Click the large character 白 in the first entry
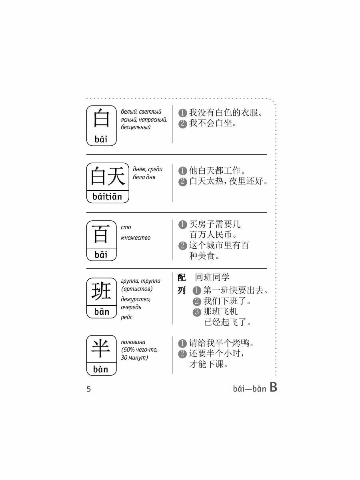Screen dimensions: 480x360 coord(101,119)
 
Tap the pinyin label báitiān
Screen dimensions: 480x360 coord(107,197)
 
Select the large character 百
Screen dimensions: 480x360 coord(101,234)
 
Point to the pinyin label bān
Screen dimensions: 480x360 coord(101,312)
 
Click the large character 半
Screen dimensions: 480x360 coord(101,349)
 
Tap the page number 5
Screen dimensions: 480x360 coord(89,389)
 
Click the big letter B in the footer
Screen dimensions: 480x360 coord(273,387)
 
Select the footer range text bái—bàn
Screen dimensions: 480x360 coord(249,389)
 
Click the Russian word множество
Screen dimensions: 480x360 coord(136,238)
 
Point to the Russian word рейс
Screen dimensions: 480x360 coord(126,317)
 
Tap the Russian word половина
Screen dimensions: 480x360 coord(133,342)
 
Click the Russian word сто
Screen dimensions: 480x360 coord(126,227)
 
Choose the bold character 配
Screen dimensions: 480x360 coord(182,277)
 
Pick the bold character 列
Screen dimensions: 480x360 coord(182,290)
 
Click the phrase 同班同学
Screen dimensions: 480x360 coord(212,277)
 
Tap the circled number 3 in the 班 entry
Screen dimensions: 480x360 coord(196,312)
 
